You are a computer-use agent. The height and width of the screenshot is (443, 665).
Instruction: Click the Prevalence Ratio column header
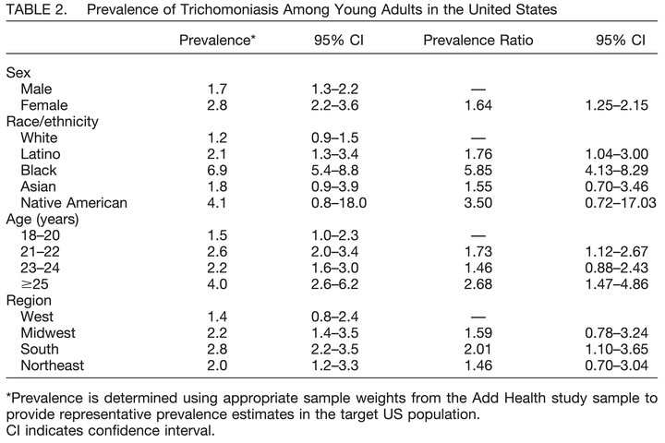pos(478,40)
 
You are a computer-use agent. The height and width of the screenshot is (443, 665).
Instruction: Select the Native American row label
pos(74,203)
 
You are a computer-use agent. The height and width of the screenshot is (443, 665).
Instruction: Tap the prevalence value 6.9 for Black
pos(217,170)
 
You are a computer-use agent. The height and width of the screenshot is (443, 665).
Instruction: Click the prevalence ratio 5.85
pos(478,170)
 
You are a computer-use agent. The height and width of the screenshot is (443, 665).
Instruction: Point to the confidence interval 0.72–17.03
pos(621,203)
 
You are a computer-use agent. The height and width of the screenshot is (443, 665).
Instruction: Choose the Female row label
pos(44,105)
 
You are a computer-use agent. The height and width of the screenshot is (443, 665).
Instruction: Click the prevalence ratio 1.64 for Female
pos(478,105)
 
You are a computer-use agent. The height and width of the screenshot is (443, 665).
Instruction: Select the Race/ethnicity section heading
pos(52,122)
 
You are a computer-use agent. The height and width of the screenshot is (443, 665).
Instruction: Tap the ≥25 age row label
pos(34,283)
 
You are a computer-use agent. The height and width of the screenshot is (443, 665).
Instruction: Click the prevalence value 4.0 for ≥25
pos(217,283)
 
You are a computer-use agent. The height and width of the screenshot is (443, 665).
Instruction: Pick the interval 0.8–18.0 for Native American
pos(339,203)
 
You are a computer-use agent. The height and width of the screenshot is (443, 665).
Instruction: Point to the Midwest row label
pos(48,333)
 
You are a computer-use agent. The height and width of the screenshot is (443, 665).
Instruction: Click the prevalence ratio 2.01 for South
pos(478,349)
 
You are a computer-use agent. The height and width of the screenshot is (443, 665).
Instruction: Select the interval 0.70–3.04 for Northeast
pos(617,365)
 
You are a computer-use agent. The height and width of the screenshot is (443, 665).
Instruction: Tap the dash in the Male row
pos(478,90)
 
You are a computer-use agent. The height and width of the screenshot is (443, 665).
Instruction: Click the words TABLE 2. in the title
pos(37,9)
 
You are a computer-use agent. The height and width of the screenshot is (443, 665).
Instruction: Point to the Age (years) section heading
pos(42,219)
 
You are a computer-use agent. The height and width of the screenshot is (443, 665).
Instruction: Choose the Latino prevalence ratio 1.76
pos(478,154)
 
